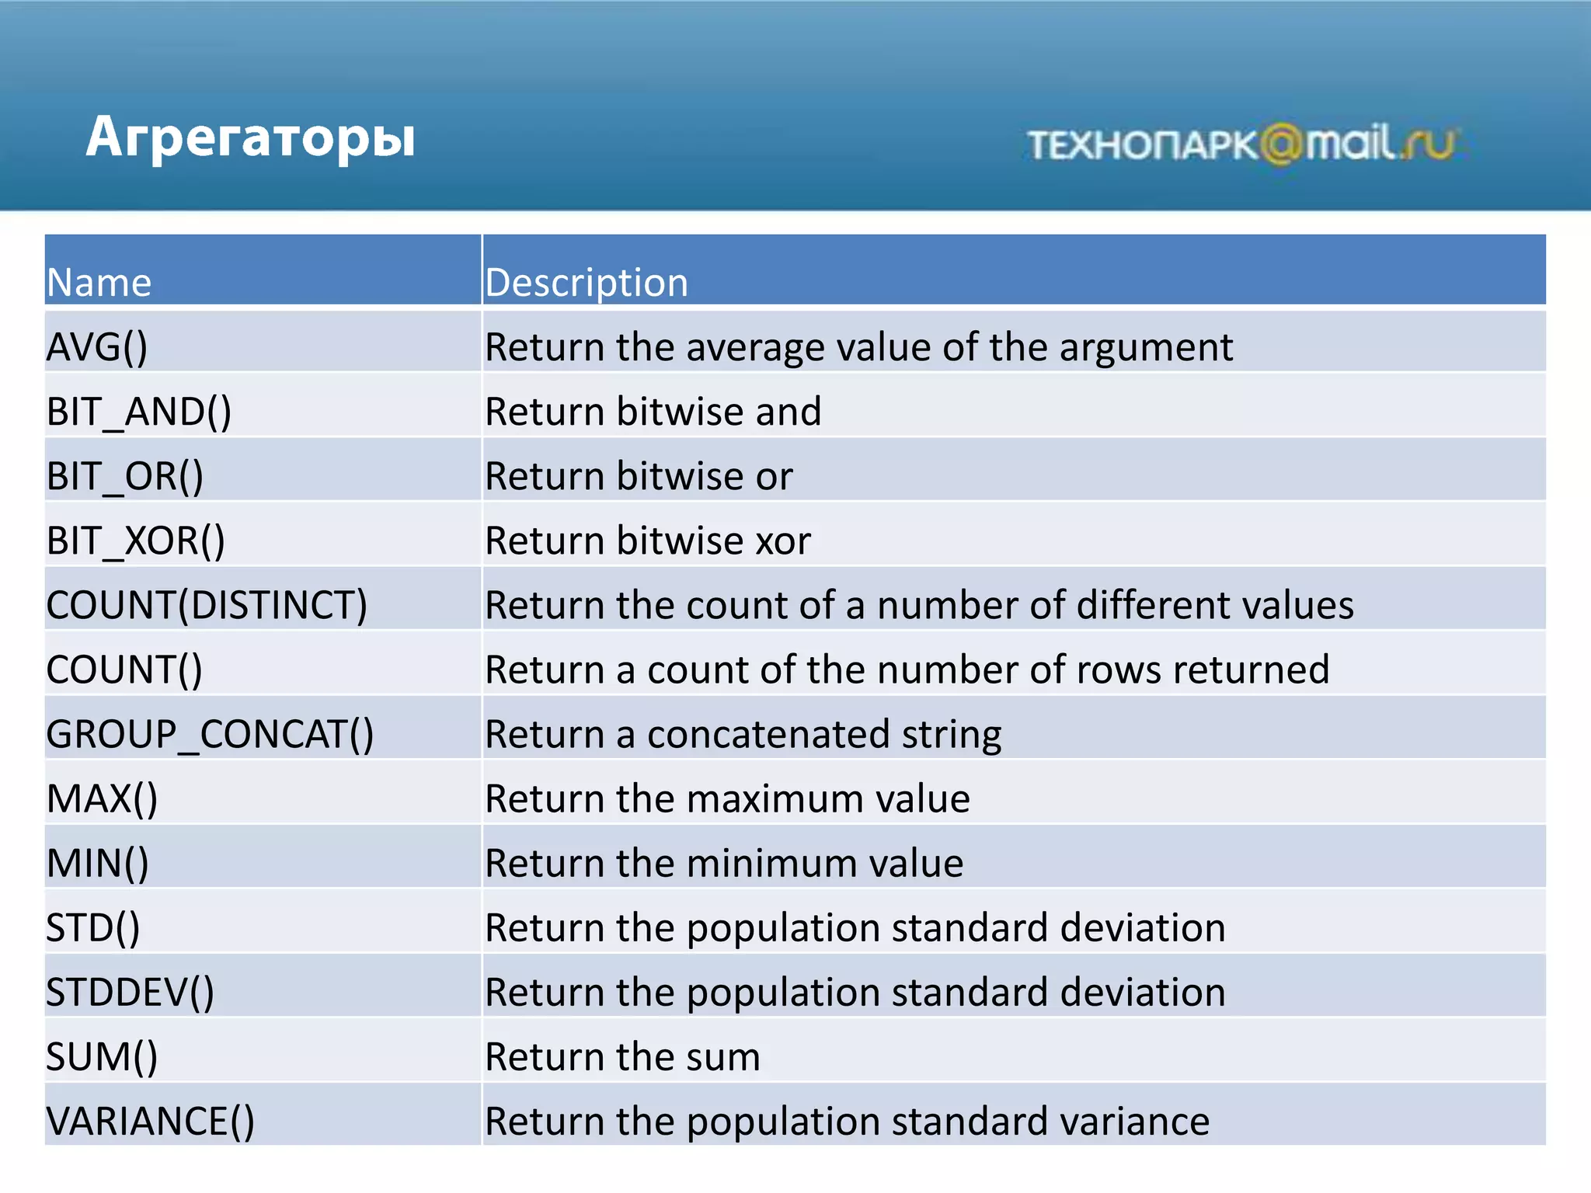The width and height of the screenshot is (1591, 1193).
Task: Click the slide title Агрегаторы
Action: pyautogui.click(x=250, y=137)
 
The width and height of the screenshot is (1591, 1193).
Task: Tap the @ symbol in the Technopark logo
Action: pyautogui.click(x=1279, y=144)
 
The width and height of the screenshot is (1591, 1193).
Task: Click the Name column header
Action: pyautogui.click(x=99, y=282)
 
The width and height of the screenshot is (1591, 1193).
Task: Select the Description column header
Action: pyautogui.click(x=587, y=282)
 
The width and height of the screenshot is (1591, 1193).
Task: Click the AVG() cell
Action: pyautogui.click(x=97, y=347)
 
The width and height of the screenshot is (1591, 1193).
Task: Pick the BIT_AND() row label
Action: pyautogui.click(x=139, y=412)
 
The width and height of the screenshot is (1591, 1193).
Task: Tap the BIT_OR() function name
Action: pyautogui.click(x=125, y=476)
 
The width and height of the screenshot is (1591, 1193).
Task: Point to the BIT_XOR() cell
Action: pyautogui.click(x=136, y=541)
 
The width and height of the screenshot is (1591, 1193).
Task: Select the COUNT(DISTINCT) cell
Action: pyautogui.click(x=207, y=605)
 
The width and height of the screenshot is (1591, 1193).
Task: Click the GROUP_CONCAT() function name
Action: pyautogui.click(x=210, y=734)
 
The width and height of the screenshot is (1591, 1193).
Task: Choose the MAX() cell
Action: pyautogui.click(x=102, y=798)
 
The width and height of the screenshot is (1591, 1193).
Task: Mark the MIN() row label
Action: pyautogui.click(x=98, y=863)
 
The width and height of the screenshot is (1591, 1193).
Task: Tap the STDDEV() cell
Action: pyautogui.click(x=130, y=992)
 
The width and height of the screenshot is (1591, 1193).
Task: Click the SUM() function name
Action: pyautogui.click(x=102, y=1056)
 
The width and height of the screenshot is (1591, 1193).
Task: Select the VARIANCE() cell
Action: pyautogui.click(x=150, y=1121)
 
